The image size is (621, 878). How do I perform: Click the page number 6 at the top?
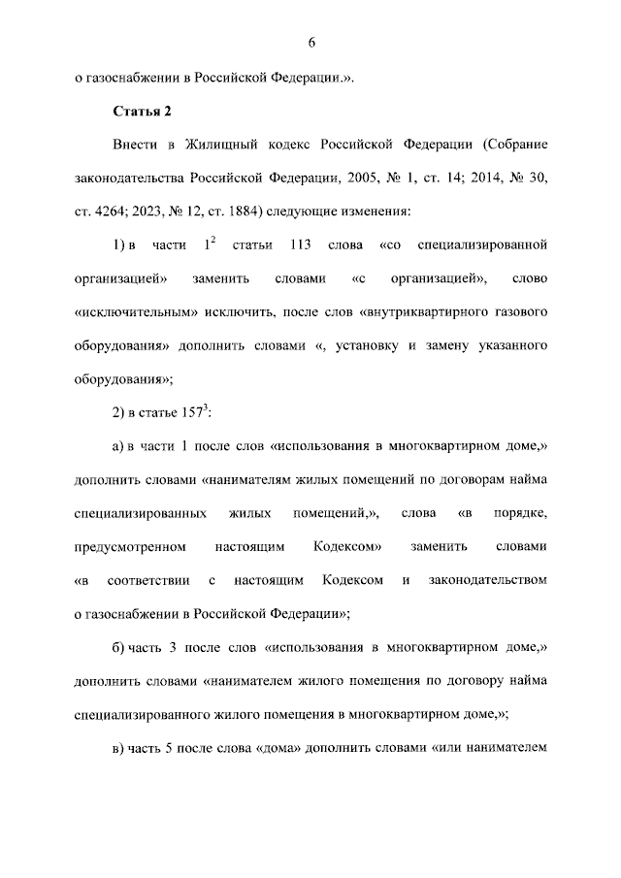pos(311,43)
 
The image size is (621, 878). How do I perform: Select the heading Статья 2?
pos(143,110)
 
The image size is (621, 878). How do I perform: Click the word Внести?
pos(135,145)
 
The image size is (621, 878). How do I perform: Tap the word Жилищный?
pos(214,145)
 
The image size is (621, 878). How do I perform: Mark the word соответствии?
pos(146,581)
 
